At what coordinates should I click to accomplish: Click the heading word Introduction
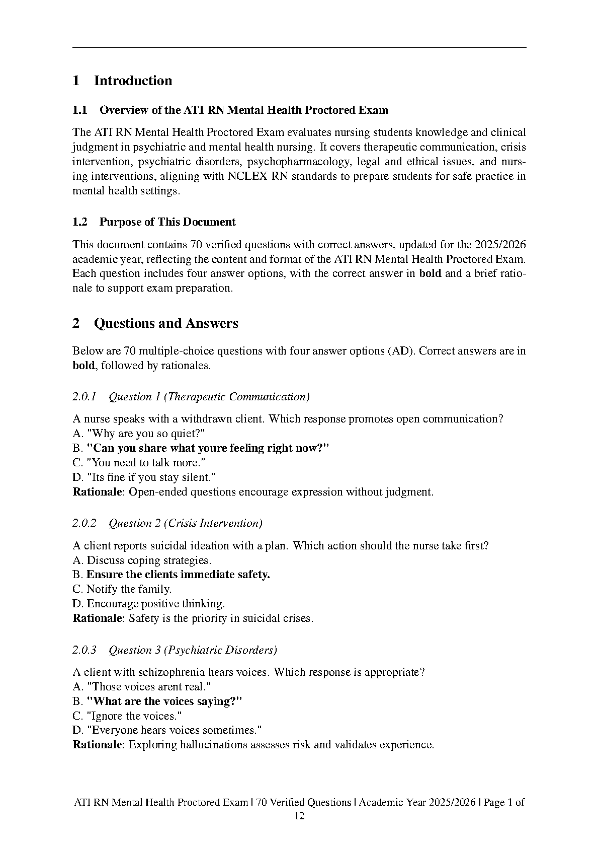pos(133,81)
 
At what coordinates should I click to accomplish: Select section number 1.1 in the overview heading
pos(80,110)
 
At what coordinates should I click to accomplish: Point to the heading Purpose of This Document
pos(167,222)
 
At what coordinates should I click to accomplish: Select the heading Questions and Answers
pos(166,323)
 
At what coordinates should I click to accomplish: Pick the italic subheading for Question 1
pos(209,397)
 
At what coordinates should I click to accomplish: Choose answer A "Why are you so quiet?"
pos(139,434)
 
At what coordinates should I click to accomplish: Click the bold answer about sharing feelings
pos(208,448)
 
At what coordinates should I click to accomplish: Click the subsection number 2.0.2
pos(84,523)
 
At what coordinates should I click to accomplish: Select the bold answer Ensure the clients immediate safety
pos(178,575)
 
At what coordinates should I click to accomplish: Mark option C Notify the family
pos(122,589)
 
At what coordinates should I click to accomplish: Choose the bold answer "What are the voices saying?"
pos(164,701)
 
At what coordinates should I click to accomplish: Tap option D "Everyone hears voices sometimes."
pos(167,731)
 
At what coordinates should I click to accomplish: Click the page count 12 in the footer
pos(299,817)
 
